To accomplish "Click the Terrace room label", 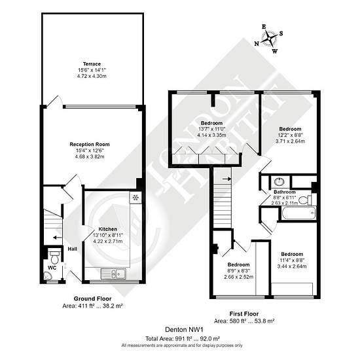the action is tap(92, 64).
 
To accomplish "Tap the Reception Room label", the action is tap(90, 145).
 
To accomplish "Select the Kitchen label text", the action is tap(108, 229).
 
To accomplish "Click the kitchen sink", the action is tap(113, 274).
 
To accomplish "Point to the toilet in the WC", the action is tap(54, 257).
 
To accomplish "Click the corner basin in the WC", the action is tap(48, 276).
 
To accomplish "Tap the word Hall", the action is tap(72, 249).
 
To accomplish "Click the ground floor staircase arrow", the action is tap(58, 238).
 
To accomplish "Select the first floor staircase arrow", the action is tap(226, 179).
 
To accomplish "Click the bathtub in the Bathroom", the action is tap(298, 213).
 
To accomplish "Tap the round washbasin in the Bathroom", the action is tap(279, 181).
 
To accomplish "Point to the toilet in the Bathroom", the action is tap(305, 200).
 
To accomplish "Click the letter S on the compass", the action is tap(281, 33).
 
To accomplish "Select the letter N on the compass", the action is tap(257, 44).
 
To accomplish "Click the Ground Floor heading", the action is tap(92, 298).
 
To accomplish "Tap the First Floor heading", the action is tap(244, 314).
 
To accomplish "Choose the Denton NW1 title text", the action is tap(185, 330).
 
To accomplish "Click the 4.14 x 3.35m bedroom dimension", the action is tap(211, 135).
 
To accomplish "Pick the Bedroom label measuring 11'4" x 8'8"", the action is tap(292, 254).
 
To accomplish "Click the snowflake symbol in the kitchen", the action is tap(135, 197).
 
